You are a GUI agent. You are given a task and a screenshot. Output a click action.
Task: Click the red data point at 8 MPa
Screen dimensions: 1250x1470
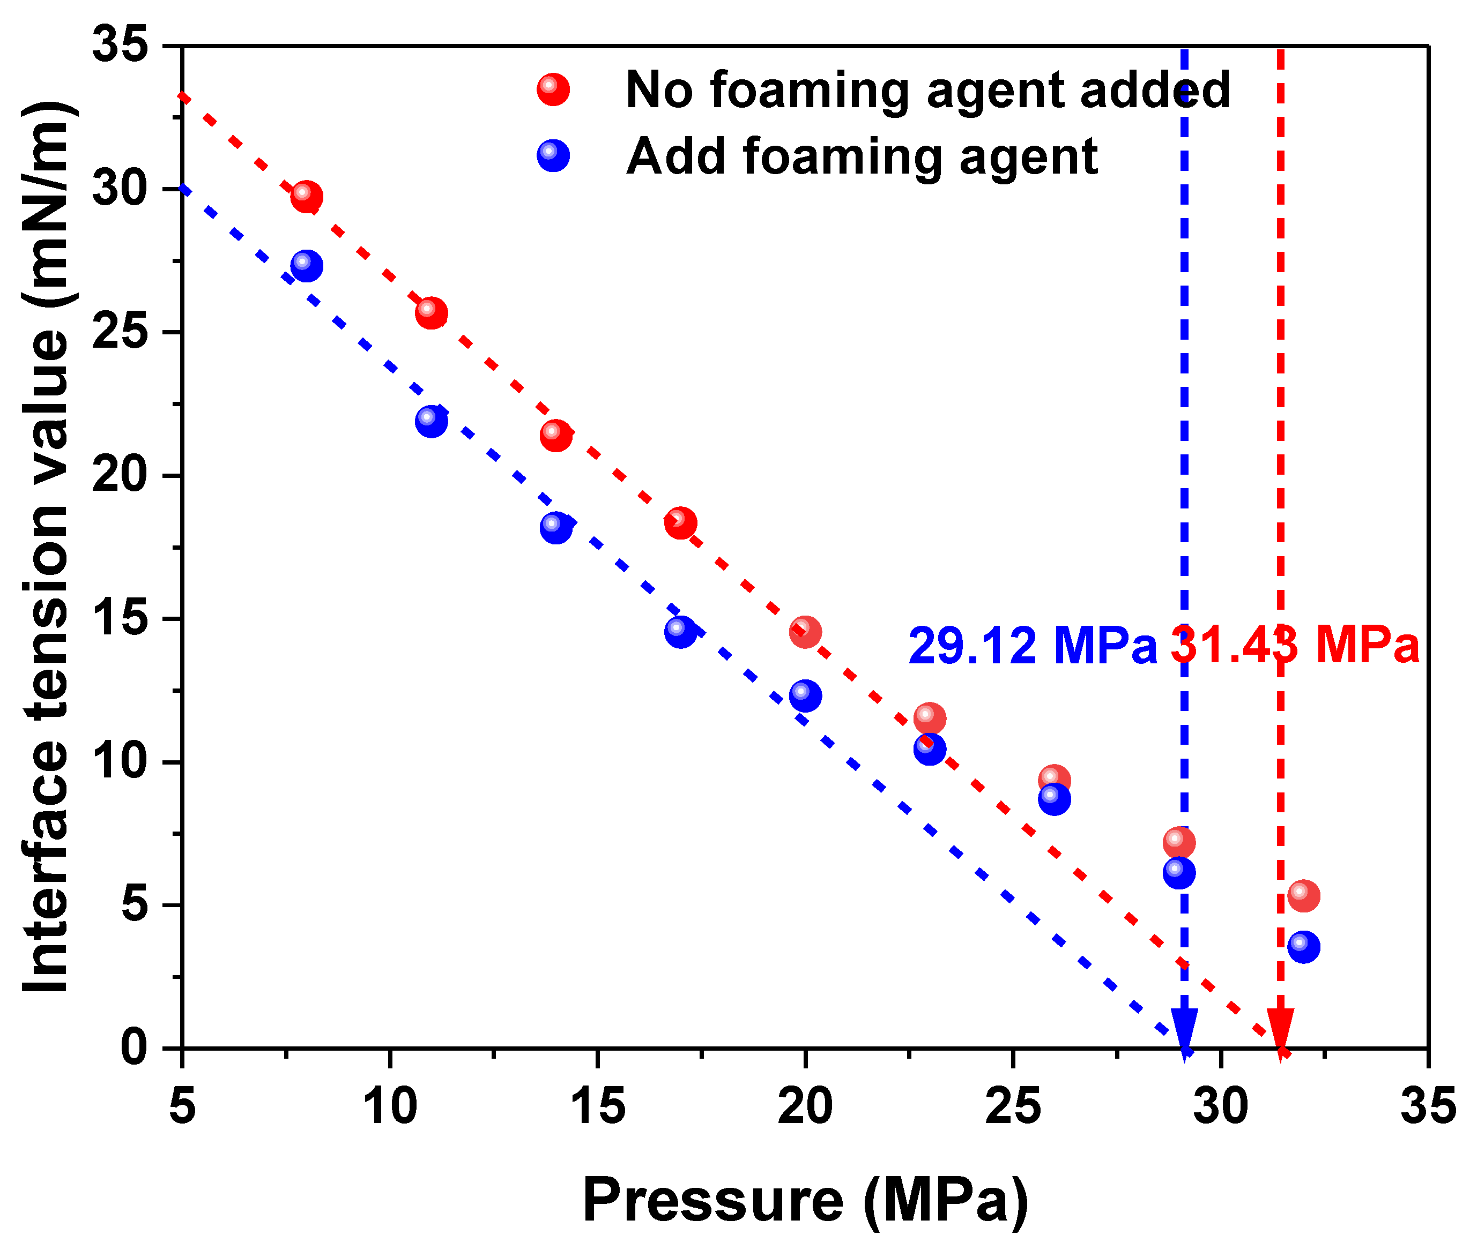tap(306, 196)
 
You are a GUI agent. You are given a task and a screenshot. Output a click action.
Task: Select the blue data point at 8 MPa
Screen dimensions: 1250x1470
tap(306, 266)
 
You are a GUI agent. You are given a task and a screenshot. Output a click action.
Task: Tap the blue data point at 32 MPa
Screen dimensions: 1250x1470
tap(1303, 947)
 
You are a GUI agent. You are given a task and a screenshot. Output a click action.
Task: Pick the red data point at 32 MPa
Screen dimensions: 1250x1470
tap(1303, 896)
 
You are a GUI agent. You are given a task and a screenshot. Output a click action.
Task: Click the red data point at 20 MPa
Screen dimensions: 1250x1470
tap(805, 631)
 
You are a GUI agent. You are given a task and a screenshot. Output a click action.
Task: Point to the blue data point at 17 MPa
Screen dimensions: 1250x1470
tap(680, 631)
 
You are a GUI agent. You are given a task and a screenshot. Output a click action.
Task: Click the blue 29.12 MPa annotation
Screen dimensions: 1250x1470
tap(1032, 646)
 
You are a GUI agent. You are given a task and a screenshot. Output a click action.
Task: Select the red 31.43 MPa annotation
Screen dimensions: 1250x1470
tap(1294, 646)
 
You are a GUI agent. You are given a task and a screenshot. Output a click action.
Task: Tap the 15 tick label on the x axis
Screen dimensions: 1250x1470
tap(598, 1107)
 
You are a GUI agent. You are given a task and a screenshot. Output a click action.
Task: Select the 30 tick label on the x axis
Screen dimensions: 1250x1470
tap(1220, 1107)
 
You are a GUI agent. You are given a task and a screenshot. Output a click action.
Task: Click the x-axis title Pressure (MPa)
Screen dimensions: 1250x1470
tap(805, 1200)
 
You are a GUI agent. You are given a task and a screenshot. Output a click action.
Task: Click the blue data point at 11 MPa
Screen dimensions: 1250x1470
tap(431, 422)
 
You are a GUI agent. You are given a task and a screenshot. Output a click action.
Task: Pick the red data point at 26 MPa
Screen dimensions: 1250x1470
tap(1054, 780)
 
